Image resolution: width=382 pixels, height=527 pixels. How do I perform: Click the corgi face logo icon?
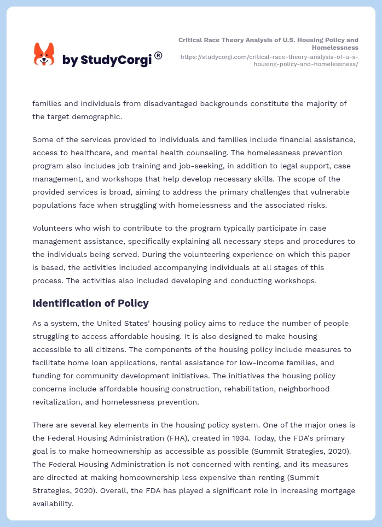[44, 55]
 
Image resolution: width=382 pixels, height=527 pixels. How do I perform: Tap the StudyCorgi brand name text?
[107, 60]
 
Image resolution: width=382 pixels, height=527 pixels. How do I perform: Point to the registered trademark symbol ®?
[158, 55]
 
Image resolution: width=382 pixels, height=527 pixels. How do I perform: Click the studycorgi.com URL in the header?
[269, 60]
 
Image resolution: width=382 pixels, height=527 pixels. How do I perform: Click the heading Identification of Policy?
[90, 303]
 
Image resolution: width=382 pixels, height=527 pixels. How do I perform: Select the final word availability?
[52, 504]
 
